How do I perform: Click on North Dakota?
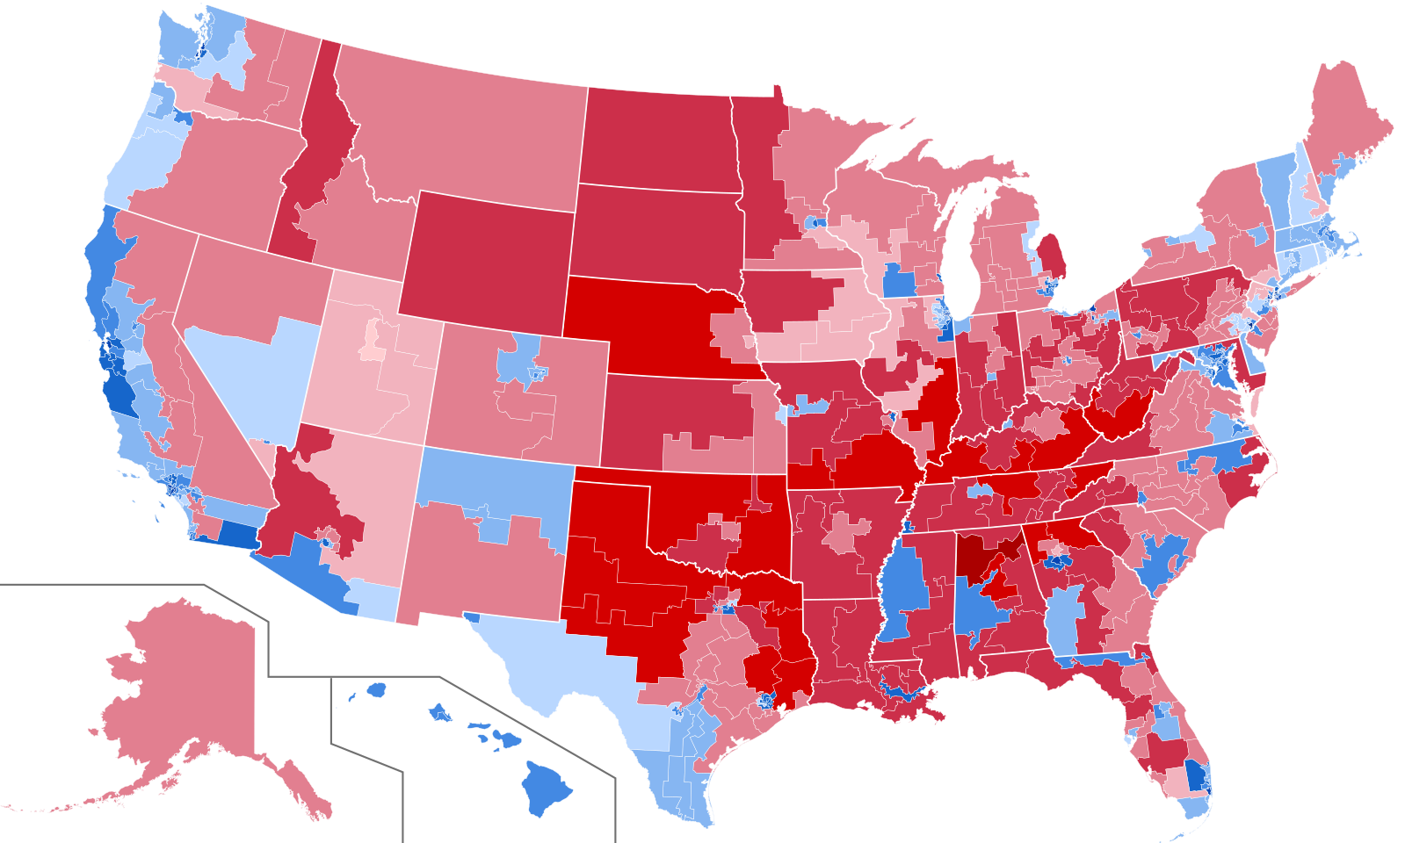pos(659,140)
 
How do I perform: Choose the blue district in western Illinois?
pos(899,283)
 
